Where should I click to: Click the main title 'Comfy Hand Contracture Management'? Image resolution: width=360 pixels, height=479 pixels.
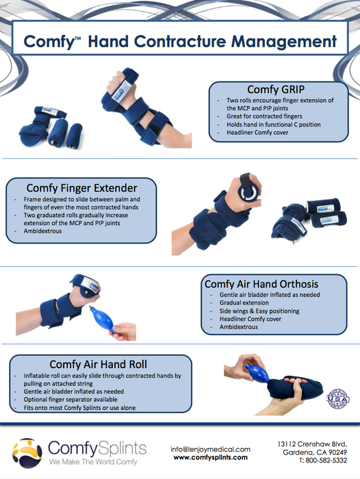180,41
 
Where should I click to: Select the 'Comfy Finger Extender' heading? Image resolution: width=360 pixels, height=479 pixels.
81,187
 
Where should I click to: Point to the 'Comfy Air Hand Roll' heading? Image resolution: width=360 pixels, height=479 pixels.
98,364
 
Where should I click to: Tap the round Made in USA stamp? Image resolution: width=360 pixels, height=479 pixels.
339,398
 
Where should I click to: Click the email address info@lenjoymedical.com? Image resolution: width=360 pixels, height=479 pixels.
210,449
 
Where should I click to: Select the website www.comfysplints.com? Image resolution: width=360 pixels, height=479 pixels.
210,458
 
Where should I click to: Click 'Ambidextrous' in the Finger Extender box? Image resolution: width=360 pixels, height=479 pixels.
40,231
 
